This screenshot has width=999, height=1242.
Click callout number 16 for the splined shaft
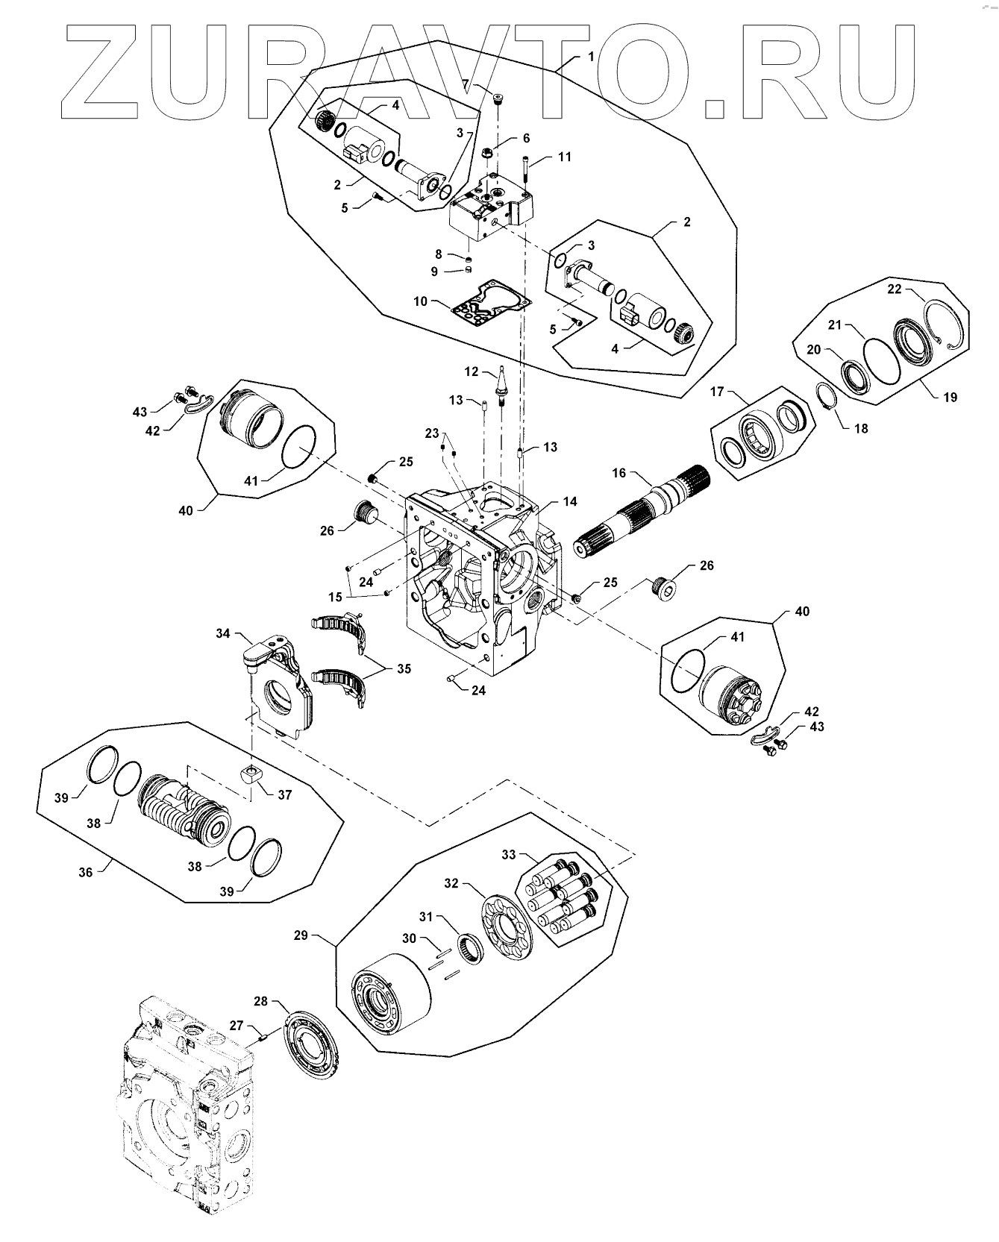tap(619, 473)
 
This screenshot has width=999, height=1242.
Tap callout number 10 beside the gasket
tap(421, 301)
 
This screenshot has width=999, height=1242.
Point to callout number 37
tap(285, 795)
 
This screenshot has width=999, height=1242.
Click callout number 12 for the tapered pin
tap(471, 371)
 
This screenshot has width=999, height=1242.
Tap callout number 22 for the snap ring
tap(895, 289)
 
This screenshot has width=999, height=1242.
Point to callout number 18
tap(861, 429)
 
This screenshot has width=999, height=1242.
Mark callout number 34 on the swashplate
tap(223, 633)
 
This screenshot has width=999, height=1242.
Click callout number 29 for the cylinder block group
tap(301, 935)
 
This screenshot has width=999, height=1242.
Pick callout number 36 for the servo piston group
tap(86, 871)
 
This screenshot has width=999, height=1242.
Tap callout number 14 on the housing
tap(570, 502)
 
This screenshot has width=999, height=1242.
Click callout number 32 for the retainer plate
tap(451, 883)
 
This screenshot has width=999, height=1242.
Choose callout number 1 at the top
tap(592, 57)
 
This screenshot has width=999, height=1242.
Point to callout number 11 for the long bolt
tap(565, 157)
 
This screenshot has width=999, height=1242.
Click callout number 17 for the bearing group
tap(717, 391)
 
